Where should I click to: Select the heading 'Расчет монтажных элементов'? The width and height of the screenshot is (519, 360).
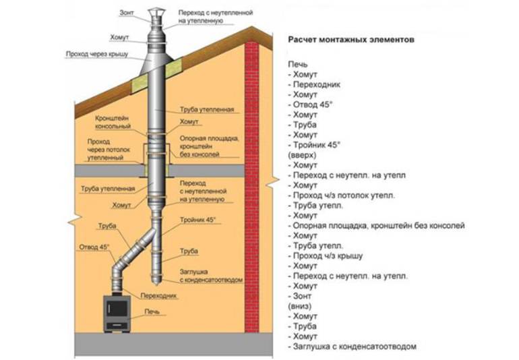(x=350, y=40)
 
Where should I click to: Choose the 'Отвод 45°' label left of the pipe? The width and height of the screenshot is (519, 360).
(x=94, y=247)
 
